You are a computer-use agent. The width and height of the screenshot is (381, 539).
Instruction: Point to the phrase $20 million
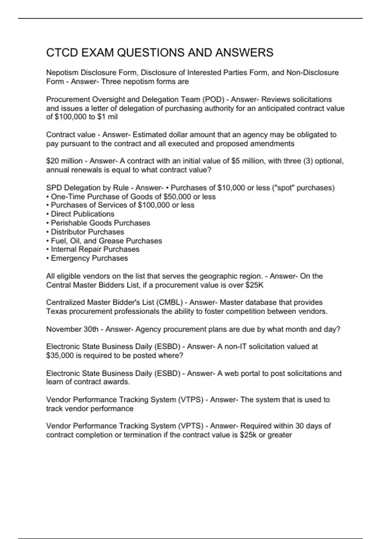(64, 161)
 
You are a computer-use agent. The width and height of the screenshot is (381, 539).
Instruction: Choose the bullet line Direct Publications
(82, 214)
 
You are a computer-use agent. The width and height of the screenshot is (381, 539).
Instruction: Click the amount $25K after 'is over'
(254, 285)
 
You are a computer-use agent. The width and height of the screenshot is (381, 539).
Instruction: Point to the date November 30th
(72, 329)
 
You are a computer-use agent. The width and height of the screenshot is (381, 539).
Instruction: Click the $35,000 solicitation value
(60, 355)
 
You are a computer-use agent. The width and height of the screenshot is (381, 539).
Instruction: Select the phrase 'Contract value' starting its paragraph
(70, 135)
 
